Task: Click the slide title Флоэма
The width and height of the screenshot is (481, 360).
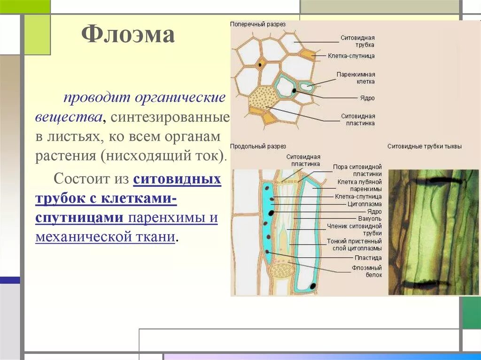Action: tap(128, 35)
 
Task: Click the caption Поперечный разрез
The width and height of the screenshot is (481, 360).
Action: tap(257, 24)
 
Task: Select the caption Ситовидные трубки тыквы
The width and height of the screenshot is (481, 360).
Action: tap(424, 146)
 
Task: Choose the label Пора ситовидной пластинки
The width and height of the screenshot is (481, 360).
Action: tap(357, 170)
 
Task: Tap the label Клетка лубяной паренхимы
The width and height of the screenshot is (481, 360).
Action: tap(359, 185)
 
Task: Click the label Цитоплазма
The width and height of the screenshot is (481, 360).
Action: tap(365, 204)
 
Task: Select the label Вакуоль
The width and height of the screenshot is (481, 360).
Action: tap(370, 219)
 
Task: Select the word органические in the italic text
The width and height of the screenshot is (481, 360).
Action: tap(180, 99)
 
